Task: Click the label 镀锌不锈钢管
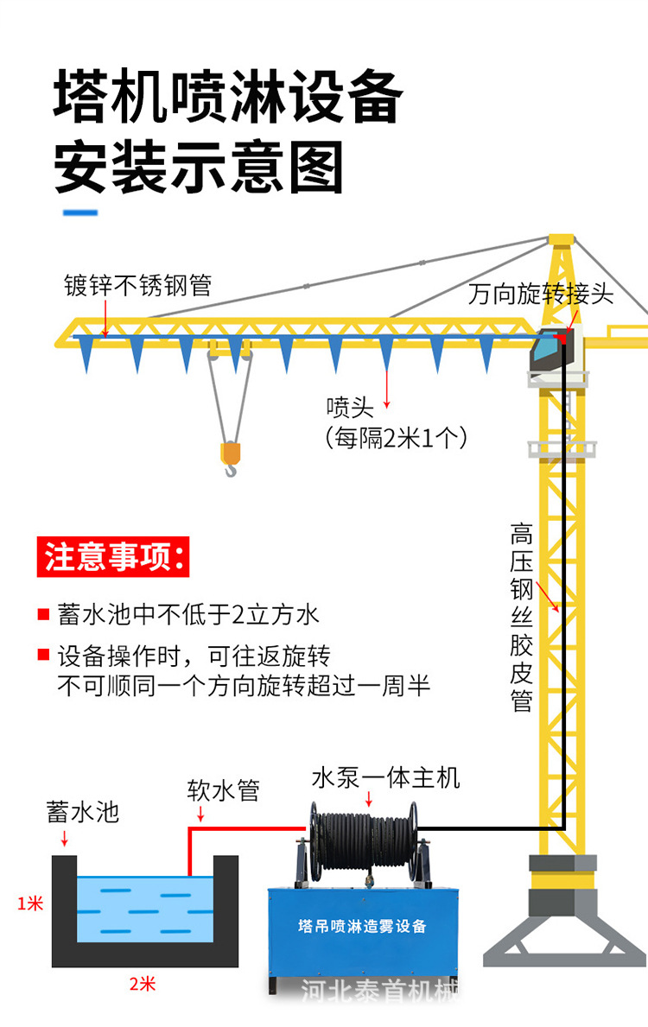click(x=137, y=285)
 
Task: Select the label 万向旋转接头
click(x=540, y=294)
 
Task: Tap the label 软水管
click(x=223, y=789)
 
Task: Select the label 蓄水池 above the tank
click(x=82, y=812)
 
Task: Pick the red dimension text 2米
click(x=143, y=984)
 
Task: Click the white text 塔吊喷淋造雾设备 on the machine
click(x=362, y=926)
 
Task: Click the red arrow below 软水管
click(x=201, y=814)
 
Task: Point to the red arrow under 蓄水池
click(x=63, y=839)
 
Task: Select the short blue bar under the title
click(x=77, y=212)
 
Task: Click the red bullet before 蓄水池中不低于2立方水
click(x=42, y=615)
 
